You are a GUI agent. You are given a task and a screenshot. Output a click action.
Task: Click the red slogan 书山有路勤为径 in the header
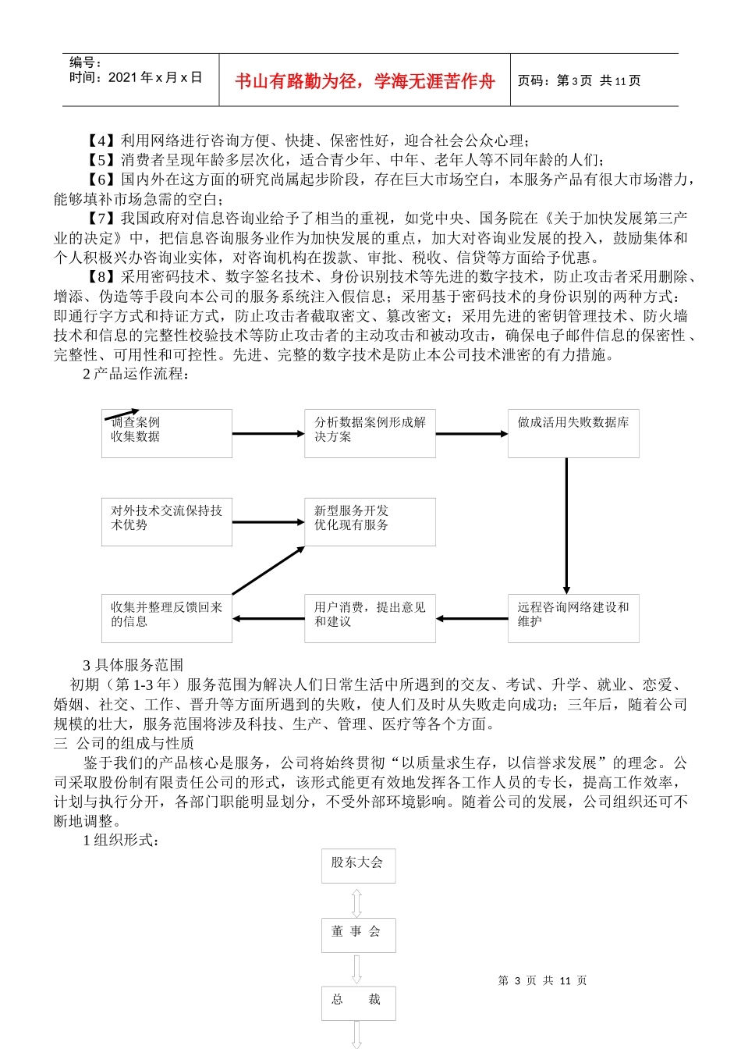[x=364, y=81]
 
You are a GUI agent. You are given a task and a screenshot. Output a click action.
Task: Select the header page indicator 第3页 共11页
[x=579, y=81]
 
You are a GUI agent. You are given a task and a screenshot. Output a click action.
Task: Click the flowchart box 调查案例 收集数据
[x=166, y=433]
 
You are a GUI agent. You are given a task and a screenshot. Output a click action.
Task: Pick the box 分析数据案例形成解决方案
[x=370, y=433]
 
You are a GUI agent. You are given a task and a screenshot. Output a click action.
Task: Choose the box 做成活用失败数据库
[x=573, y=433]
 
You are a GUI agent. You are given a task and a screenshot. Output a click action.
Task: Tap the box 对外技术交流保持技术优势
[x=166, y=521]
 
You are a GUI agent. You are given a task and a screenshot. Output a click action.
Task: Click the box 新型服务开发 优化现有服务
[x=370, y=521]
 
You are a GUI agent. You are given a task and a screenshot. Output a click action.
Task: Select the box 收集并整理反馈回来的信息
[x=166, y=618]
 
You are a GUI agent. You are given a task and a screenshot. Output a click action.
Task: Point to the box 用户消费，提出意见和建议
[x=370, y=618]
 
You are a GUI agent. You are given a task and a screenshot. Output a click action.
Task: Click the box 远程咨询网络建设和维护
[x=573, y=618]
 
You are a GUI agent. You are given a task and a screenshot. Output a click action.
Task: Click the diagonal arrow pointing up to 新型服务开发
[x=268, y=571]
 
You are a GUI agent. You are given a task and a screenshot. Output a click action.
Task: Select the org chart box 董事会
[x=358, y=934]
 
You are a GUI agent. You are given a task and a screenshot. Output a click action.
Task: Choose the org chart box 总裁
[x=358, y=1003]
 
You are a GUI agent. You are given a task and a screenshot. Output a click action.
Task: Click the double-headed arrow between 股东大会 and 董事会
[x=357, y=901]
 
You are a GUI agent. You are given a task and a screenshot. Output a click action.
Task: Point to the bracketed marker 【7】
[x=102, y=219]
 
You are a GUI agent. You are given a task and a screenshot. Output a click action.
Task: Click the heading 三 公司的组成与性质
[x=124, y=743]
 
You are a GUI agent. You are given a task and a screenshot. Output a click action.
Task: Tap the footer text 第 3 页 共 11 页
[x=542, y=980]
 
